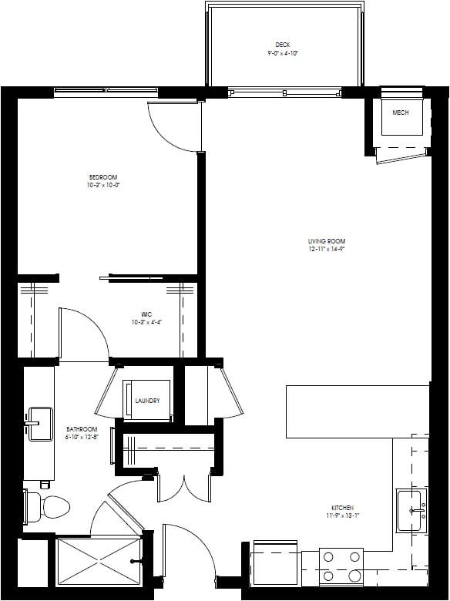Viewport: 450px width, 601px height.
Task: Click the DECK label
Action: click(x=282, y=45)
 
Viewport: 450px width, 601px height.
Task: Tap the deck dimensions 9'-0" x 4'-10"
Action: click(x=282, y=54)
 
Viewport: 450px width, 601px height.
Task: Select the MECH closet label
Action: click(x=400, y=113)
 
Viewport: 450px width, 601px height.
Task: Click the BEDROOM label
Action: click(x=103, y=177)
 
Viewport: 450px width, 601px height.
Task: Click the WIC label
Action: click(x=146, y=314)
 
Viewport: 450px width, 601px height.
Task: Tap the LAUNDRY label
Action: click(x=147, y=401)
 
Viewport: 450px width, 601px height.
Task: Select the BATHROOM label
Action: click(x=81, y=429)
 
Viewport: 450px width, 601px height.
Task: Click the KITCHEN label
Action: click(x=342, y=508)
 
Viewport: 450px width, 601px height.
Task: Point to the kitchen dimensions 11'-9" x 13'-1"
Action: click(x=342, y=516)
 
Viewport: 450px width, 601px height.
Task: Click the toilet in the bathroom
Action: click(x=49, y=506)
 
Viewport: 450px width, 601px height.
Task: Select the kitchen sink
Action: click(x=413, y=510)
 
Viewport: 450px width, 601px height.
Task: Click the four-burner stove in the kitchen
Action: click(x=341, y=566)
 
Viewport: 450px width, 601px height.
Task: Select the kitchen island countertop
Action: click(x=356, y=411)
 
